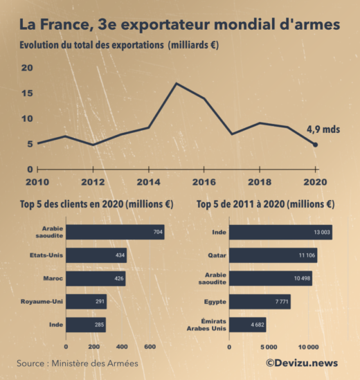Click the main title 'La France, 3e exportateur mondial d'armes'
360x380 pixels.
(179, 25)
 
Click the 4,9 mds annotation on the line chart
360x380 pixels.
(323, 129)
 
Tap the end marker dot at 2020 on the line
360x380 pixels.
(316, 145)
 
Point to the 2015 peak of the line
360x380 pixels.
(177, 84)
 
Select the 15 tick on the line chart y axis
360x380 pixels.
(27, 93)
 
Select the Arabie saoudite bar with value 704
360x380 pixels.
(115, 232)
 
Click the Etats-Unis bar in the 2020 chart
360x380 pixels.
(96, 256)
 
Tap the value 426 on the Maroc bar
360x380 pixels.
(119, 280)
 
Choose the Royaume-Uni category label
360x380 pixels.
(42, 302)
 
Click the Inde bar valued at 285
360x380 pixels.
(86, 325)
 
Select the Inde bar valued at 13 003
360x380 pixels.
(280, 232)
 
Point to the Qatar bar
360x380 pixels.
(273, 256)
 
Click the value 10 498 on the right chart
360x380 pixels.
(303, 280)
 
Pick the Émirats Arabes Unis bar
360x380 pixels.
(247, 325)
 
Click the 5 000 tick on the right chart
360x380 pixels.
(269, 346)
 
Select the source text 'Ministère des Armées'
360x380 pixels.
(98, 363)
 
